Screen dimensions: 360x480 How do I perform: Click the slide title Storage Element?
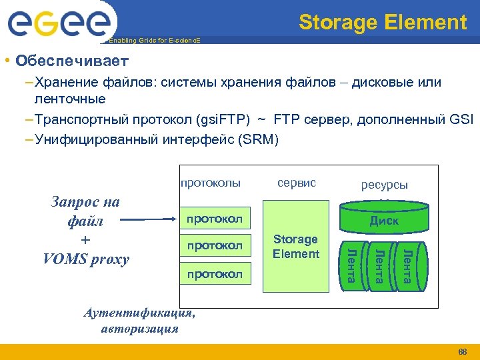[x=383, y=23]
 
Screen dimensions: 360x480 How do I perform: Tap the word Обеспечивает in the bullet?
[x=73, y=61]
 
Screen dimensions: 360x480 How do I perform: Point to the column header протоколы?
[x=210, y=182]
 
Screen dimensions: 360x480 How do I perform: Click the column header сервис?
[x=296, y=182]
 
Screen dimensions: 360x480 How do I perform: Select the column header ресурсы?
[x=384, y=185]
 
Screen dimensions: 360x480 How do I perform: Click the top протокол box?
[x=215, y=219]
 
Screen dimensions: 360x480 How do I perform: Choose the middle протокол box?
[x=215, y=245]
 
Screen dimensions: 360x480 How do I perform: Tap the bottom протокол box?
[x=215, y=273]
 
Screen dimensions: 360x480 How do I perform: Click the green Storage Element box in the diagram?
[x=296, y=247]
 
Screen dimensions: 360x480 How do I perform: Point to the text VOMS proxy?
[x=86, y=259]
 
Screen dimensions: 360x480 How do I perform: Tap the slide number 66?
[x=463, y=351]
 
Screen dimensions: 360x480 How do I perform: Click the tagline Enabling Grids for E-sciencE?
[x=154, y=41]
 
